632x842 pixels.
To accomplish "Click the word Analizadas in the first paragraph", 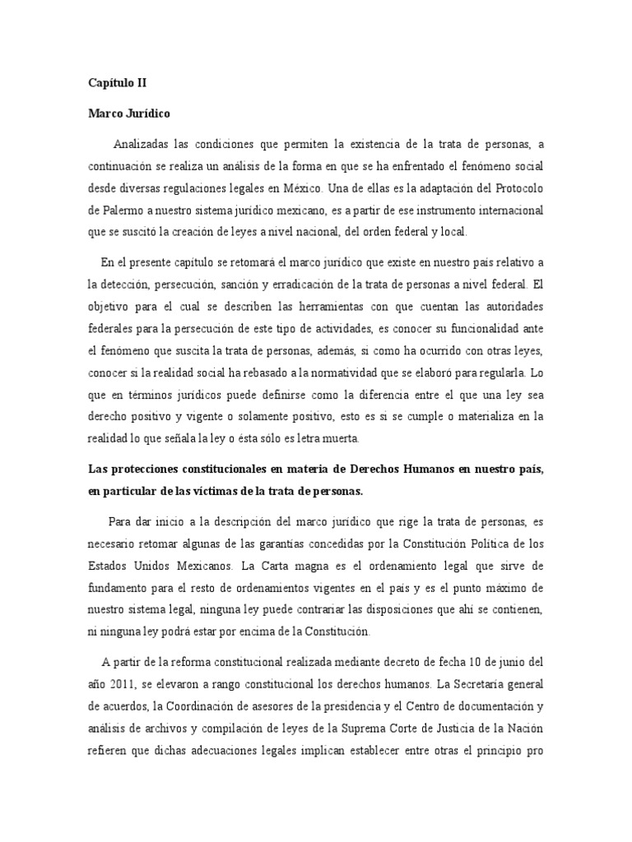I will click(143, 146).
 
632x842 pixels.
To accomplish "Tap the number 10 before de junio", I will click(475, 662).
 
